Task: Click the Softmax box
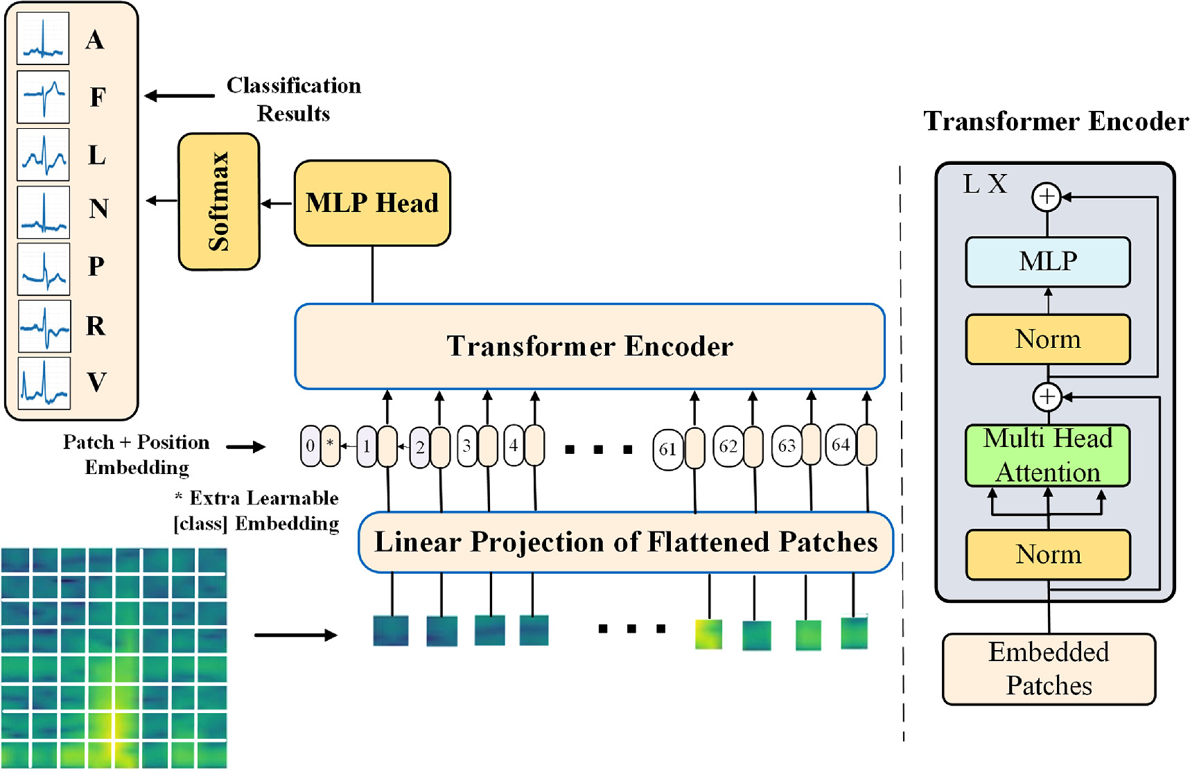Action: [219, 202]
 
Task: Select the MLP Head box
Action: [372, 203]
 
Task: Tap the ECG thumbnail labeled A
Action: [43, 39]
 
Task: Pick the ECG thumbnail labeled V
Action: [44, 383]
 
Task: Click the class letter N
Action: [98, 209]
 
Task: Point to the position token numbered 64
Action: [841, 445]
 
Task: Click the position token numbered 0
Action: [310, 446]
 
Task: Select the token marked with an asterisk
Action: [331, 446]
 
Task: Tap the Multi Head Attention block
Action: [1047, 455]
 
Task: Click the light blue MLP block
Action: [1047, 262]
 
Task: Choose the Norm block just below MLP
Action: [1047, 339]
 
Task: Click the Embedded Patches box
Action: [1048, 669]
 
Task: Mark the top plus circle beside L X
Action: [1047, 197]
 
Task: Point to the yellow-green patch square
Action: [708, 634]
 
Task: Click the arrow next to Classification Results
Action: [180, 96]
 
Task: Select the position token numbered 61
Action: [667, 449]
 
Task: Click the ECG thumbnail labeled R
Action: [44, 326]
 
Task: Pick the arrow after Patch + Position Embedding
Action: [246, 447]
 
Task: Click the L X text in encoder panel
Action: [985, 184]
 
